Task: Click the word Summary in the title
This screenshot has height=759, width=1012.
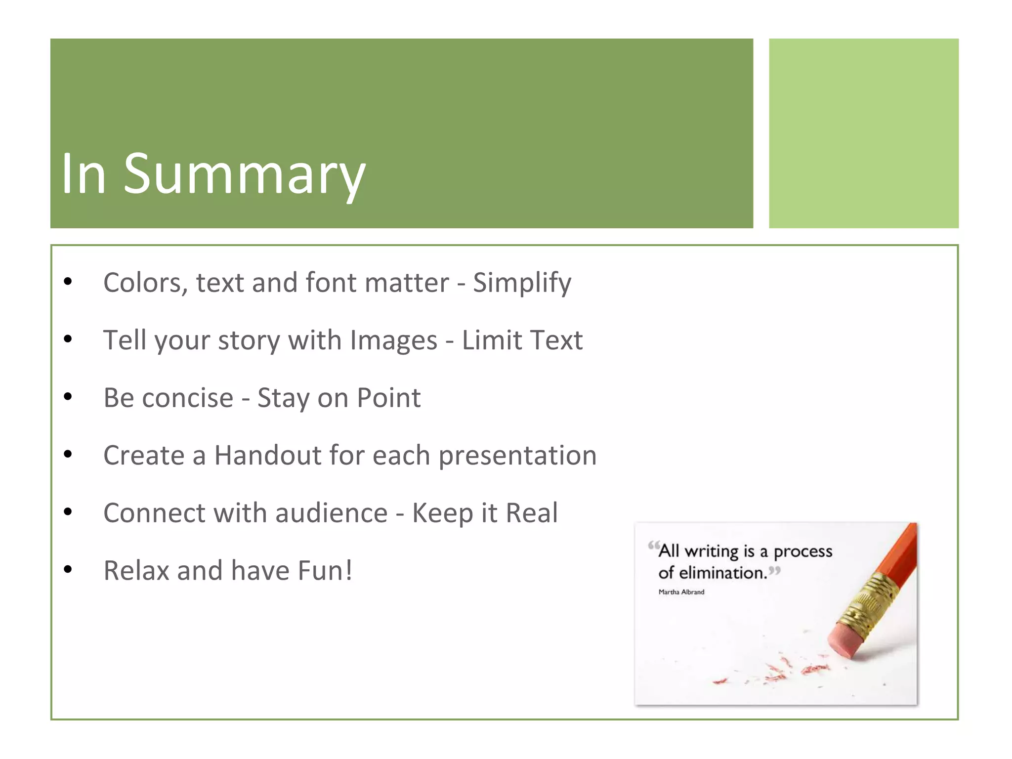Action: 244,174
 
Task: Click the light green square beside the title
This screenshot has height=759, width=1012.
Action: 863,133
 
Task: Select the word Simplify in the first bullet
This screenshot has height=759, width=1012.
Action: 522,283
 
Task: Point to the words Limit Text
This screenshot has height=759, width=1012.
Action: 522,340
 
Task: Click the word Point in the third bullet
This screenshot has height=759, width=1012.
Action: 388,398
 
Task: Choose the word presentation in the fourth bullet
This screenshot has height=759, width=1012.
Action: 517,456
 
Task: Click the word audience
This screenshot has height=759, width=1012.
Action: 331,513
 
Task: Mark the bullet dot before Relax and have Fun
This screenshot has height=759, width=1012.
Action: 68,570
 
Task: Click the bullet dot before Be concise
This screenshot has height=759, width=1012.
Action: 68,397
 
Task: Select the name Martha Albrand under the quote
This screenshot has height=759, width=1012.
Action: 681,592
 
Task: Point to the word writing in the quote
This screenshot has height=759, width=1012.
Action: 711,551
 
